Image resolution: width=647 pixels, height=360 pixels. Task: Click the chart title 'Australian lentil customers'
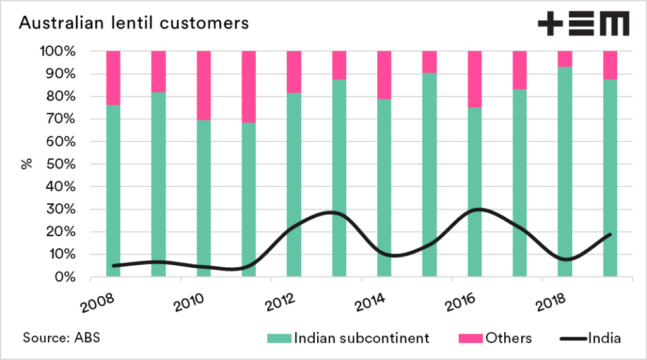point(133,23)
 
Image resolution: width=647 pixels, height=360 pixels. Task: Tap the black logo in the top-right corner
point(583,25)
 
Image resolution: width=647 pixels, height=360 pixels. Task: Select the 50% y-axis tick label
point(62,164)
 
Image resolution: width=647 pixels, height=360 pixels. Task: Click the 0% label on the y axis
point(66,277)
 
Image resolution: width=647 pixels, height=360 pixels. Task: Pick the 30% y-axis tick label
point(62,210)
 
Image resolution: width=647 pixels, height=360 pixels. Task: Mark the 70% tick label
point(62,119)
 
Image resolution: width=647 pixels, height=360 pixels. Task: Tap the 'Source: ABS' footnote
point(61,338)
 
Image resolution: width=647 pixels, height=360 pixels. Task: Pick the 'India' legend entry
point(604,339)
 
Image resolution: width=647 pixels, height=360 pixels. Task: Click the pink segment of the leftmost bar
point(113,77)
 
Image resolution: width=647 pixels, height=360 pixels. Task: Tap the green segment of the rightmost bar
point(610,177)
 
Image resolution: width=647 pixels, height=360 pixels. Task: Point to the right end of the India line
point(610,234)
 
